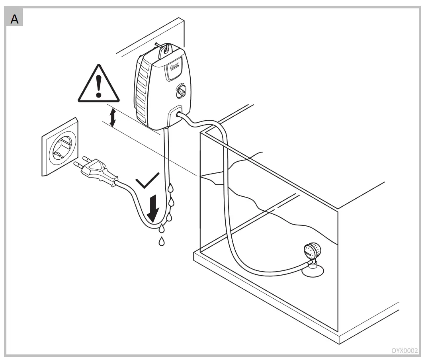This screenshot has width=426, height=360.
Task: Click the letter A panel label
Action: [14, 19]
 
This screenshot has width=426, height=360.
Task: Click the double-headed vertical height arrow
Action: [113, 118]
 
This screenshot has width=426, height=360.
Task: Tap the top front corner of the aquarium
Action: [200, 132]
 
